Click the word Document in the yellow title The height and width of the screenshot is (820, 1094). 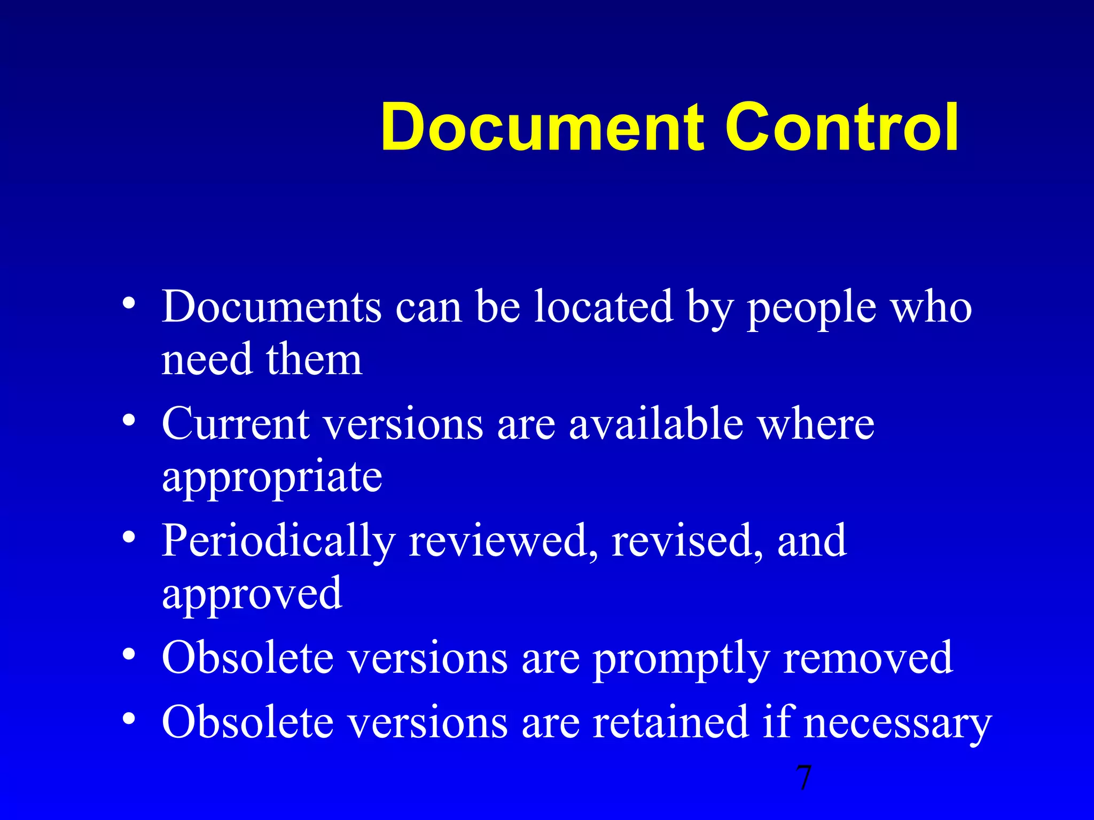(543, 128)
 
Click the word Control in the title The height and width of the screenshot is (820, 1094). (842, 128)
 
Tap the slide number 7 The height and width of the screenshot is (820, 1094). (803, 778)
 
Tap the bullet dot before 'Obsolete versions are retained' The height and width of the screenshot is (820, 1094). (128, 719)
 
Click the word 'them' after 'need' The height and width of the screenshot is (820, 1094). (314, 360)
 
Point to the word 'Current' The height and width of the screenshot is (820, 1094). (236, 424)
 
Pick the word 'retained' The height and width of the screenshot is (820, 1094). (671, 722)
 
